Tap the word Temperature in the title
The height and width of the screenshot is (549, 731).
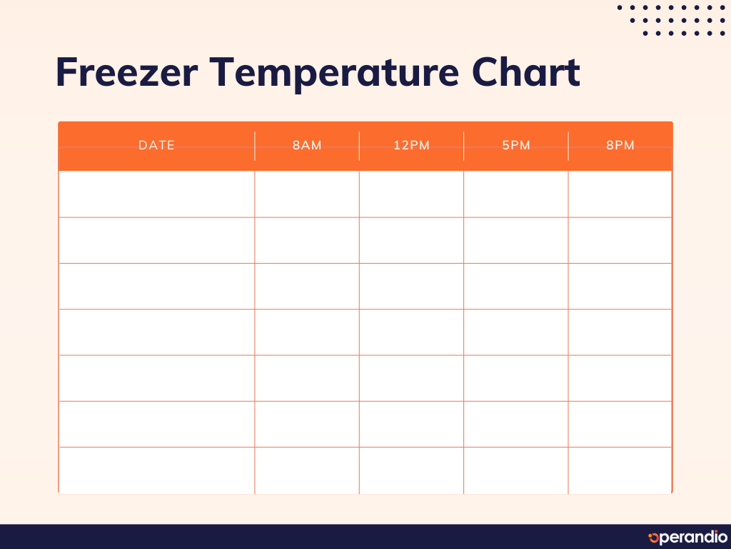coord(334,74)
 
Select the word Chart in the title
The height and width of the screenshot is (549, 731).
coord(526,72)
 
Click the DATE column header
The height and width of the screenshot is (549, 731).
coord(156,145)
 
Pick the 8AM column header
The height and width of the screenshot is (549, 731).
coord(307,145)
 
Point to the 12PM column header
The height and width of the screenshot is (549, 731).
coord(411,145)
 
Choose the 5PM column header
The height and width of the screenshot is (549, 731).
coord(516,145)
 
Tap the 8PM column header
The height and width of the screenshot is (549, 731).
coord(620,145)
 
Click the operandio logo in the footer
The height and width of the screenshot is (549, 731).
coord(687,537)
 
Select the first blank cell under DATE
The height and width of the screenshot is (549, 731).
coord(156,194)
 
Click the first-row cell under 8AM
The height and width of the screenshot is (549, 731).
coord(307,194)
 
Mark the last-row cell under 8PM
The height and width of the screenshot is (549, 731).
coord(620,470)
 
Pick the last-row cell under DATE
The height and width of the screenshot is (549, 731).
coord(156,470)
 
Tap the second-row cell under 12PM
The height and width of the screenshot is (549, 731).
coord(411,240)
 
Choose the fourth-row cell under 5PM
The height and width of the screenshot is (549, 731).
coord(515,332)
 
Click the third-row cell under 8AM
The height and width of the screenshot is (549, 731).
coord(307,286)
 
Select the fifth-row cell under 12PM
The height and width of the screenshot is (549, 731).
coord(411,378)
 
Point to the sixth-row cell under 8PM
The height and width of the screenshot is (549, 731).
coord(620,425)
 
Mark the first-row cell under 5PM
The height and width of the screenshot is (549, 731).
coord(515,194)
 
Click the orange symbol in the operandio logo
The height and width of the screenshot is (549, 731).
coord(653,538)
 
